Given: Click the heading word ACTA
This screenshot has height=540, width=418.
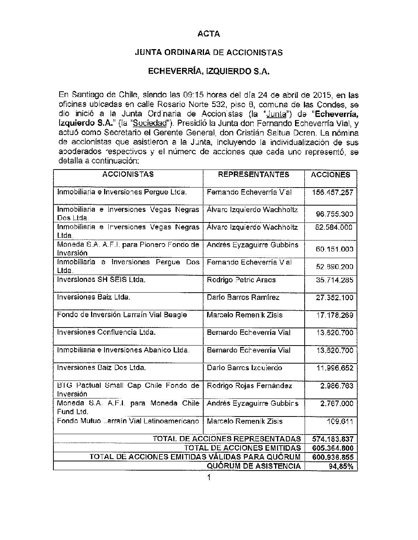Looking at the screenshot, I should click(x=209, y=34).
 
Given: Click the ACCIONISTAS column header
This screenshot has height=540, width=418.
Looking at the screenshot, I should click(x=128, y=175).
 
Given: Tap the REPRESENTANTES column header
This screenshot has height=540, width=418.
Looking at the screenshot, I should click(x=254, y=175).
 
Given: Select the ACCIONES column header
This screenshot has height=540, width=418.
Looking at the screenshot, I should click(x=330, y=175).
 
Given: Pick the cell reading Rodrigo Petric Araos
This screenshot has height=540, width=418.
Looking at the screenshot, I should click(x=241, y=280).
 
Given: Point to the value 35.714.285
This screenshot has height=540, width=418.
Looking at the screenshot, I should click(x=334, y=280).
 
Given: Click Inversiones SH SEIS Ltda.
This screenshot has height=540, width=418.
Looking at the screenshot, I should click(x=101, y=280).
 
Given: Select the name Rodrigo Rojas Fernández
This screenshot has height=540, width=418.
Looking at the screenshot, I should click(x=249, y=386).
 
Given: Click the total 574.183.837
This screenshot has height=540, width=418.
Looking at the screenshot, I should click(x=331, y=439).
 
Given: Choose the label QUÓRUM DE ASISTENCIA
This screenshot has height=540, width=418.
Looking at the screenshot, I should click(x=254, y=466).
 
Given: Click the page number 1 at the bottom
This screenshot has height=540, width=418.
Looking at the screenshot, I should click(x=209, y=477).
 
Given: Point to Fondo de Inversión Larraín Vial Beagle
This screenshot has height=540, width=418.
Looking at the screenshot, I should click(x=122, y=315).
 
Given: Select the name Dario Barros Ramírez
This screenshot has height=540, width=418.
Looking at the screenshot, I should click(x=243, y=297).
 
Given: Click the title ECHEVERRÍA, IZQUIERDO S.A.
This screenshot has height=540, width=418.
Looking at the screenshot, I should click(x=209, y=71).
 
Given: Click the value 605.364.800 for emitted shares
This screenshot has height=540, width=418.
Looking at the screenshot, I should click(x=331, y=448).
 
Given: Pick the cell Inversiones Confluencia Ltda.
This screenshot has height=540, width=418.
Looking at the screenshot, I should click(x=106, y=333).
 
